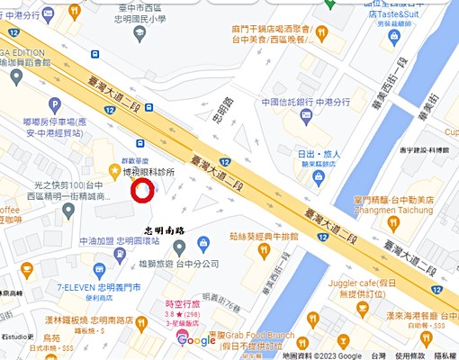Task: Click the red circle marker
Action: (143, 191)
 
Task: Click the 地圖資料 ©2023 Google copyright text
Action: (321, 355)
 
